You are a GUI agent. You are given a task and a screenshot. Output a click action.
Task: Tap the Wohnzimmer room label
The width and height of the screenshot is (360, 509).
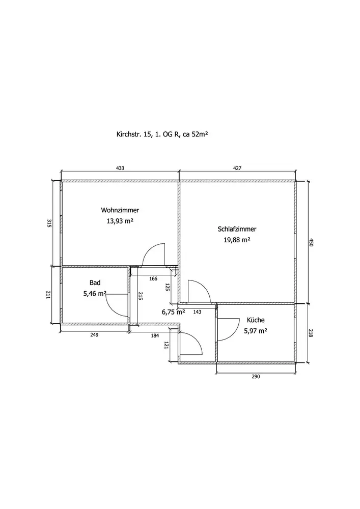coord(120,210)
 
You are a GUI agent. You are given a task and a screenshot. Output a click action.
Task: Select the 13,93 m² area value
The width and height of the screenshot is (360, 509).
coord(120,221)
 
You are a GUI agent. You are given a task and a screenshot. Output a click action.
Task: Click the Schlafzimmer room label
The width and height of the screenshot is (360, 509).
coord(236,229)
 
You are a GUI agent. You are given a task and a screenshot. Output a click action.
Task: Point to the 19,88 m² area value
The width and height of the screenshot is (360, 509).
coord(237,240)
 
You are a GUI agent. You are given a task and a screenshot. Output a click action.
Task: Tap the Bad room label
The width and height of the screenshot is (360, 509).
coord(95,282)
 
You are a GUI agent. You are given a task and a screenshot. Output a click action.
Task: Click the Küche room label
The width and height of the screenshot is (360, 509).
coord(256,320)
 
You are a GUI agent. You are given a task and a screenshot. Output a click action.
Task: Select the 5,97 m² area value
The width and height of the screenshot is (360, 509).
coord(256,331)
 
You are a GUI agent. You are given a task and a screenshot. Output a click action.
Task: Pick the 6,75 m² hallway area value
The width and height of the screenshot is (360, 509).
coord(173,312)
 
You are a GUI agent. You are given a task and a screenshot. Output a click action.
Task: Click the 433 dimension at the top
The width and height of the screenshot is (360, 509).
coord(120,168)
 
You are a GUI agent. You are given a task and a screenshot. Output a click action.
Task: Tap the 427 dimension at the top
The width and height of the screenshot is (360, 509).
coord(237,168)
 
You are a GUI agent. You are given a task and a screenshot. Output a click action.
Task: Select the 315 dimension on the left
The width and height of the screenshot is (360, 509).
coord(49,223)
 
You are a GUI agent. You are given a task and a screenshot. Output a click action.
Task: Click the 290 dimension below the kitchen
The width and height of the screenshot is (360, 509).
coord(256,377)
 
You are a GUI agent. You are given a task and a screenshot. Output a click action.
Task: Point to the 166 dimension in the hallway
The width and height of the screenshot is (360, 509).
coord(153,278)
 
